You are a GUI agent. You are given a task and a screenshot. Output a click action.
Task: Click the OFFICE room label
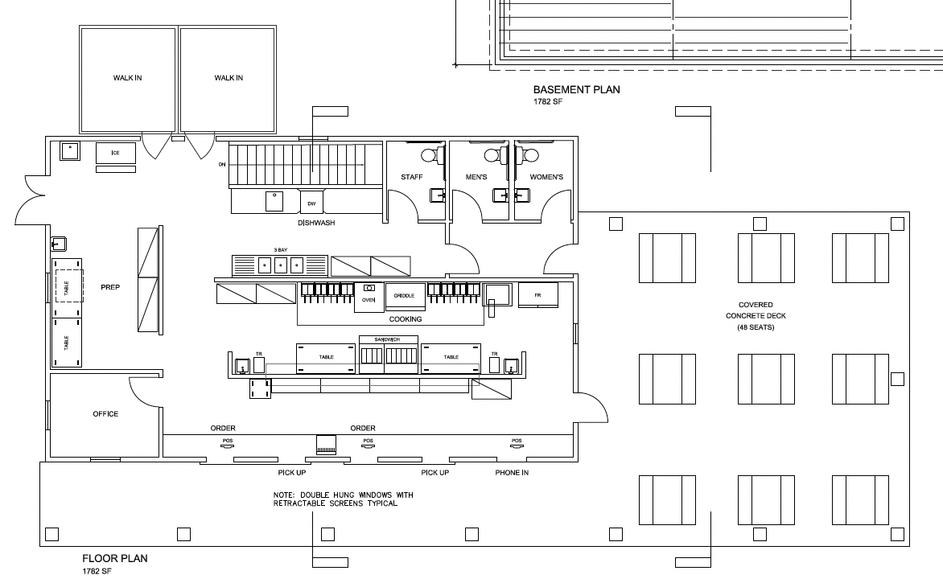click(x=105, y=414)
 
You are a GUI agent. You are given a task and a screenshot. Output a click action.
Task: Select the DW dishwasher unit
click(x=311, y=203)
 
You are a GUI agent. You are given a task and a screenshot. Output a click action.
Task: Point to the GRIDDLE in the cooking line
click(x=404, y=296)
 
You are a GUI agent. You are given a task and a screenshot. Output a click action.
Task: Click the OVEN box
click(x=369, y=298)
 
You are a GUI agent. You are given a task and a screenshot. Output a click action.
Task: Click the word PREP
click(x=109, y=287)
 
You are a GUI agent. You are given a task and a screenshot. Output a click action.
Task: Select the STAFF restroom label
click(x=412, y=177)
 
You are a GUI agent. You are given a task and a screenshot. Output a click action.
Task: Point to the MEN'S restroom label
click(x=477, y=177)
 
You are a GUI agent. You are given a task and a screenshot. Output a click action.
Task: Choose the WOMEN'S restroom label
click(x=546, y=177)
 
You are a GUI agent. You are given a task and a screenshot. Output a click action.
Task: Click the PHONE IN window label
click(x=512, y=473)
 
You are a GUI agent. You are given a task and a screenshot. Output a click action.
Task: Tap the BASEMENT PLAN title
click(x=577, y=90)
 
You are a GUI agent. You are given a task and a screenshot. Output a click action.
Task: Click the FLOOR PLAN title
click(x=115, y=558)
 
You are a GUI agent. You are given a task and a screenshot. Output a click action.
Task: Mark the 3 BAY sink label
click(x=280, y=250)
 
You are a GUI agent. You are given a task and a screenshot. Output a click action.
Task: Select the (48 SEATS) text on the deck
click(x=756, y=327)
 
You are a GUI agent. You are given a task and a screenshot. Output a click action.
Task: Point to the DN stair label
click(x=222, y=164)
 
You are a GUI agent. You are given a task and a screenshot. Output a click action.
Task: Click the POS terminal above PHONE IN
click(x=517, y=441)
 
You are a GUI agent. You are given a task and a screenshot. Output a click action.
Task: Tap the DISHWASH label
click(x=316, y=223)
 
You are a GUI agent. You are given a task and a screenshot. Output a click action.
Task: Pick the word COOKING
click(x=405, y=319)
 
